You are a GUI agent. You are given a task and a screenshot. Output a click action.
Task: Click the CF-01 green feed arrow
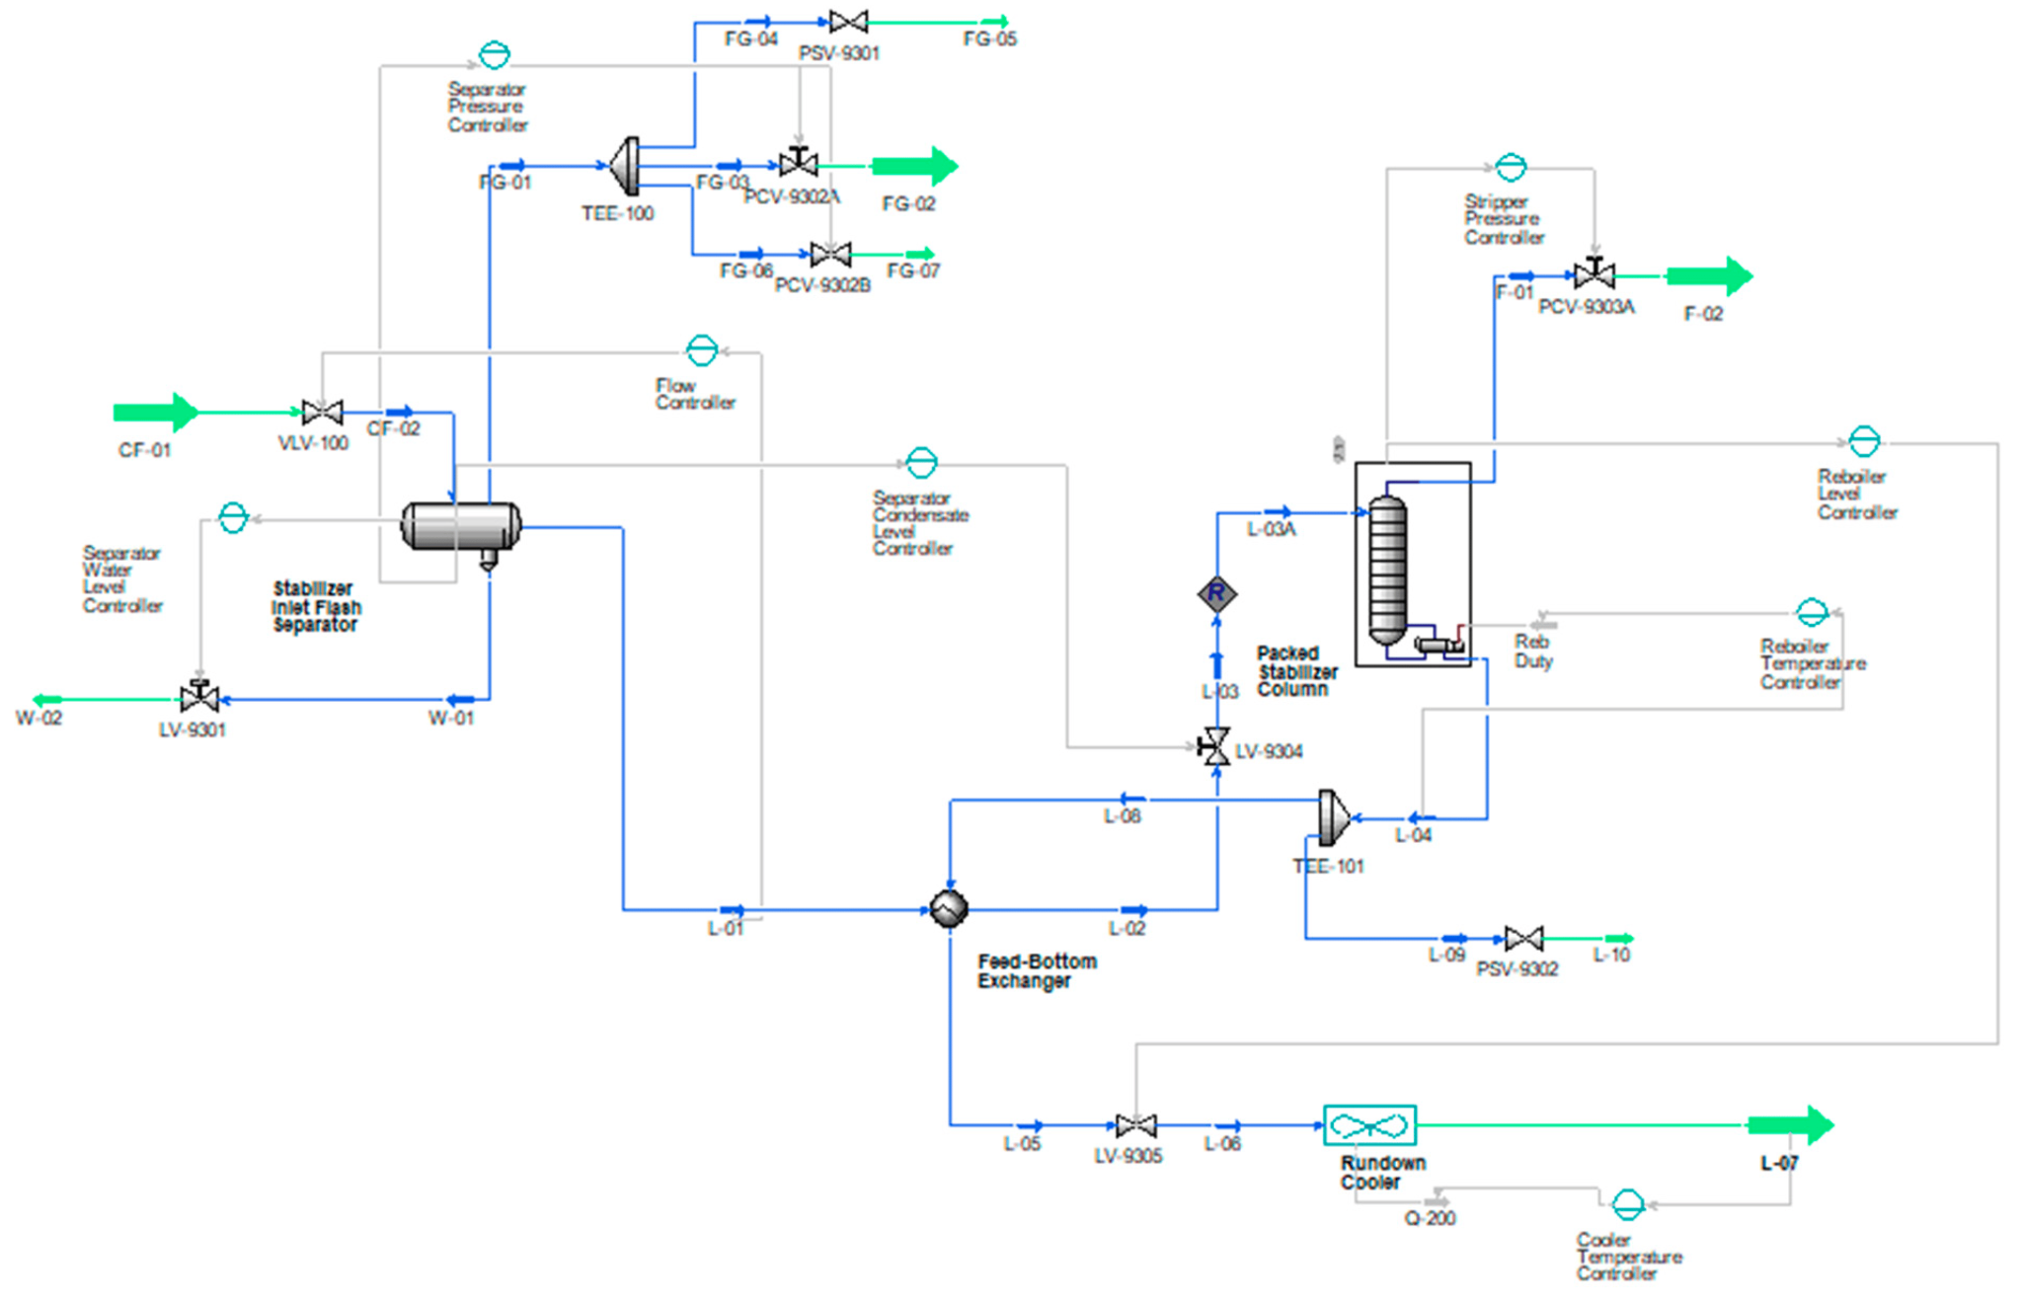click(x=156, y=412)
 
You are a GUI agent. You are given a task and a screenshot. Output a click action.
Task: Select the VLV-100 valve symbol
click(x=322, y=412)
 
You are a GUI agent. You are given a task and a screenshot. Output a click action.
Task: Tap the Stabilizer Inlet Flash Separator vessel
click(x=460, y=526)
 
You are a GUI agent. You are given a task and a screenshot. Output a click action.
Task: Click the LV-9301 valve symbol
click(x=199, y=698)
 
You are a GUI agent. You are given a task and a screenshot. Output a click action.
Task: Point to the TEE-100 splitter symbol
click(x=625, y=166)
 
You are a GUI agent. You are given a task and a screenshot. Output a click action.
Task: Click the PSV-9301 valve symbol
click(x=848, y=21)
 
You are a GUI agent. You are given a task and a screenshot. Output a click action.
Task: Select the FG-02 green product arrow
click(x=914, y=166)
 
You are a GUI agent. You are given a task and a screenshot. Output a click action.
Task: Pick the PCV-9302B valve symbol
click(x=830, y=255)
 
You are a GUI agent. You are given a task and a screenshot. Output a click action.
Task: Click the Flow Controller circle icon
click(x=702, y=350)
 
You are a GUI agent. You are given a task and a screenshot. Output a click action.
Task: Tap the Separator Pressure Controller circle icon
click(x=495, y=54)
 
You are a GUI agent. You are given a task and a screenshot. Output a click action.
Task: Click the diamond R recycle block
click(x=1216, y=593)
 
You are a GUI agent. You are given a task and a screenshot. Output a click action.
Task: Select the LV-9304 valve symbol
click(x=1214, y=746)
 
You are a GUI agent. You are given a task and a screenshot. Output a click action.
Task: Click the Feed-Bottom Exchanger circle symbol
click(x=949, y=908)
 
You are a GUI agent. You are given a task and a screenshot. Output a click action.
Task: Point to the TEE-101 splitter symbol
click(x=1333, y=817)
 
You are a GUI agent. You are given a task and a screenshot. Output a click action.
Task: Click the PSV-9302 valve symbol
click(x=1523, y=938)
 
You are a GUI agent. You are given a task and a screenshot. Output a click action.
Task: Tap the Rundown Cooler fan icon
click(x=1369, y=1125)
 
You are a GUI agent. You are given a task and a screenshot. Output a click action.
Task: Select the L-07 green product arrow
click(x=1790, y=1125)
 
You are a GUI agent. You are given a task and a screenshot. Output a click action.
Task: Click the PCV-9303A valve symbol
click(x=1594, y=274)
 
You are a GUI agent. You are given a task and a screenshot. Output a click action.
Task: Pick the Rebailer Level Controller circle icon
click(x=1864, y=441)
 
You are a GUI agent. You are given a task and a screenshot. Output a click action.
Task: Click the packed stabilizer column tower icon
click(x=1387, y=571)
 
